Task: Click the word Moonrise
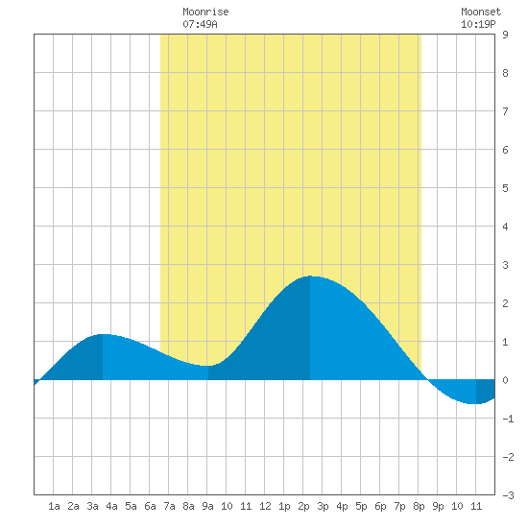(205, 12)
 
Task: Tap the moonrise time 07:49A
(200, 24)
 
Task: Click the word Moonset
(481, 12)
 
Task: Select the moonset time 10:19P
(478, 24)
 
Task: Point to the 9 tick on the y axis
(505, 35)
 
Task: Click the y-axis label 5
(505, 188)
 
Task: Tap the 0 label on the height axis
(505, 380)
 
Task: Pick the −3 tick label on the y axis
(508, 495)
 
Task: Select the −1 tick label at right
(508, 419)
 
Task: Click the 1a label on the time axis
(54, 506)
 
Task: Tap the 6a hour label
(150, 506)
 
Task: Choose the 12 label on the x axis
(265, 506)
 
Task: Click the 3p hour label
(323, 506)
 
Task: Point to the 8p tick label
(419, 506)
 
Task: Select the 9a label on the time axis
(207, 506)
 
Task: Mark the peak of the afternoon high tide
(310, 276)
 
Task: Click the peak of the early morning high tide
(103, 334)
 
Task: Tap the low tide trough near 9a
(208, 366)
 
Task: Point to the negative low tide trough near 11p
(476, 403)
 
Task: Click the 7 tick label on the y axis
(505, 111)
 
